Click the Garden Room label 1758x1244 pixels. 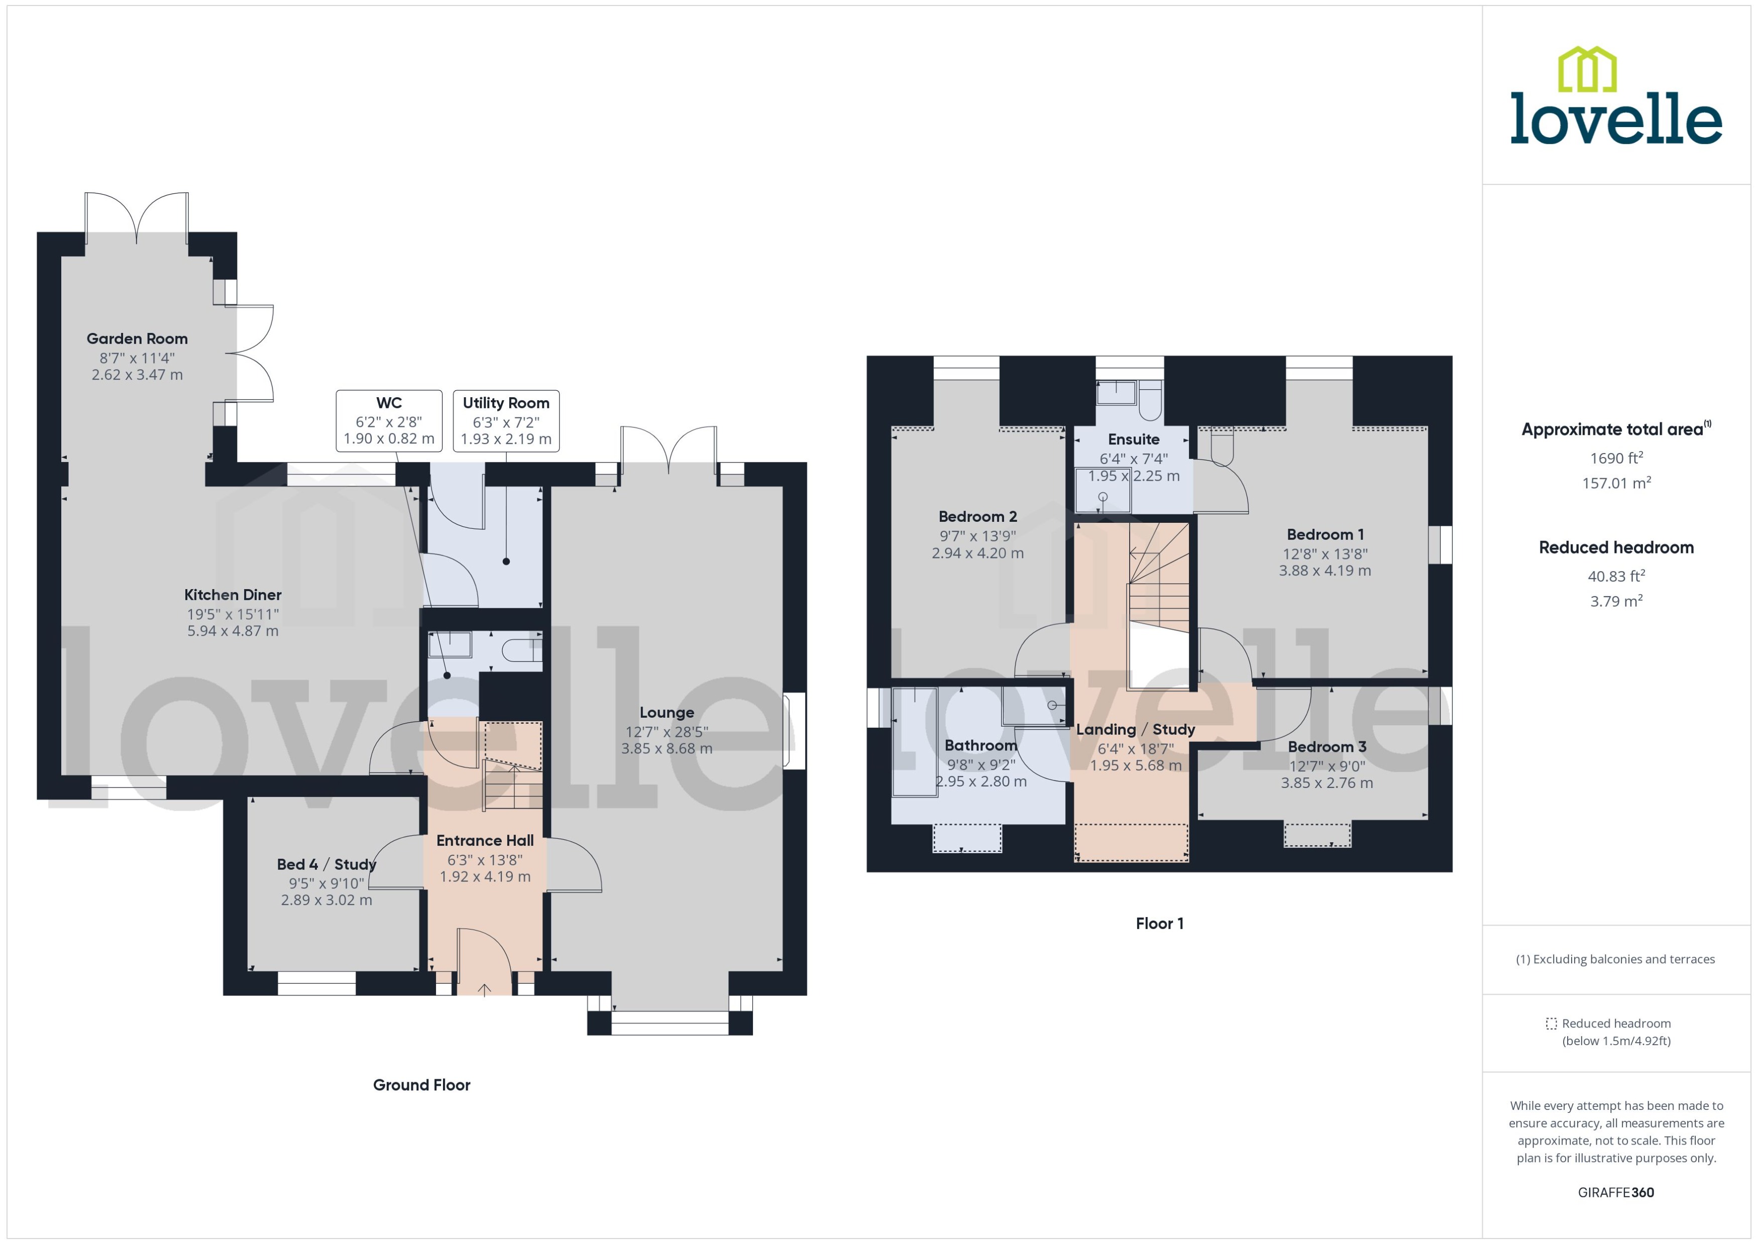137,338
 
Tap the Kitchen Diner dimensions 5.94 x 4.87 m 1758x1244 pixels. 233,631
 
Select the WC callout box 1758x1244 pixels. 389,420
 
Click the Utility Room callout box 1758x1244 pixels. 506,420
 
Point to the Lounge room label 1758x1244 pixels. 667,712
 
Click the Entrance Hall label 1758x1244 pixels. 485,840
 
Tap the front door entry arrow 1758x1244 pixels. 484,990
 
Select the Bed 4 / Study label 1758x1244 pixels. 326,864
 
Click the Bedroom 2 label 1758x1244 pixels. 977,516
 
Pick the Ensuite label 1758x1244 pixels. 1133,439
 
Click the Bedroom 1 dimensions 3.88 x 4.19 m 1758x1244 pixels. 1325,571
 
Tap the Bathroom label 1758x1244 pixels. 980,745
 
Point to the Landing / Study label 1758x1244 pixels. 1135,729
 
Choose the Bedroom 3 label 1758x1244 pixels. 1327,747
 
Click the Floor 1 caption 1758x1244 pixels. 1159,923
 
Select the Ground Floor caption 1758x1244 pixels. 421,1085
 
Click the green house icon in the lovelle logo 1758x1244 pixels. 1587,69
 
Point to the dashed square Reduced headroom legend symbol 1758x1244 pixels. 1551,1024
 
